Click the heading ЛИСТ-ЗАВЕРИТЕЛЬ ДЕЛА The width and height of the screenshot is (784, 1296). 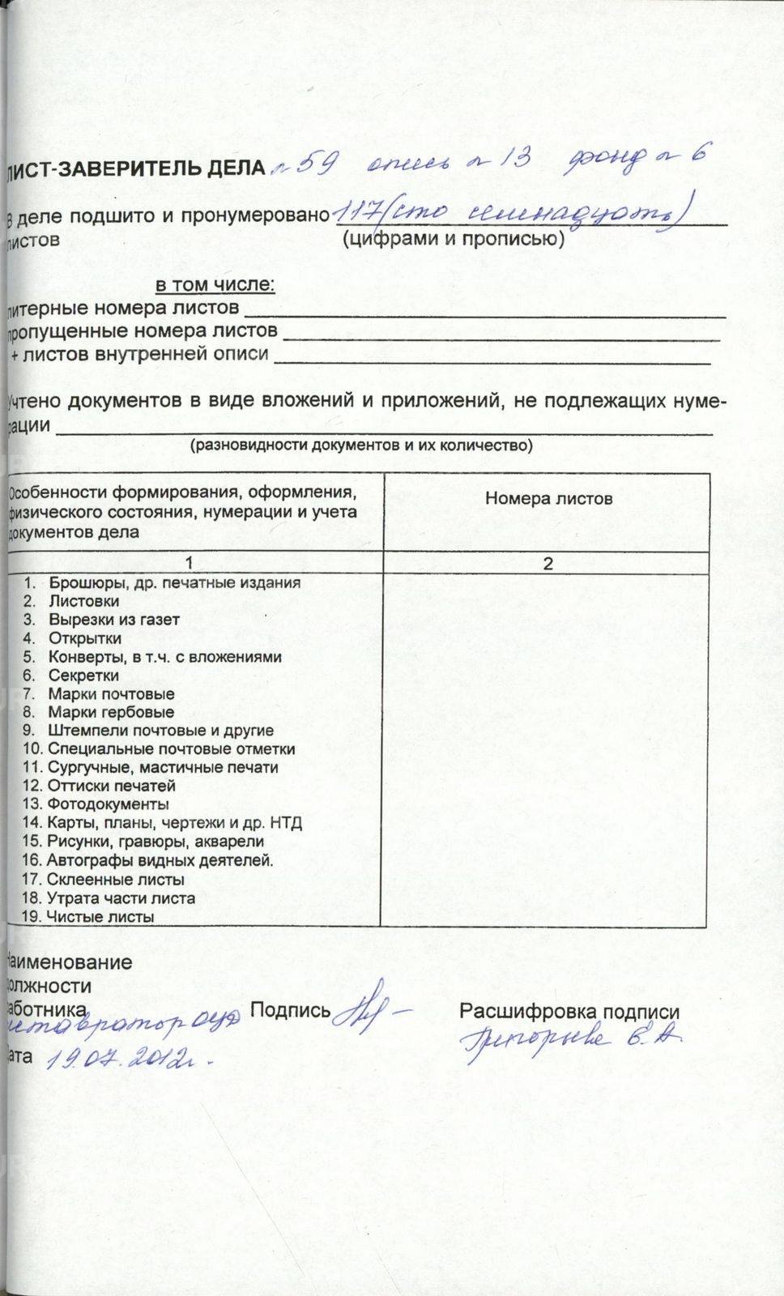[136, 168]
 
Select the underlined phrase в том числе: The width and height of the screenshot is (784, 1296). [215, 285]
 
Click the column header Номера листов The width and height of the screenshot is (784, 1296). [548, 498]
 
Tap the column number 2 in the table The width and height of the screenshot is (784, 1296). [548, 564]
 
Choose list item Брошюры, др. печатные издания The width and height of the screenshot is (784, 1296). [174, 582]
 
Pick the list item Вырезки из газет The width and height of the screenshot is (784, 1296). [113, 620]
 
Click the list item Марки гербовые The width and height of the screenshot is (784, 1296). [111, 712]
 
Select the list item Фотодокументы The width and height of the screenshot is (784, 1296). [108, 804]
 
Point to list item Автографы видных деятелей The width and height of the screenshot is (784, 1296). [160, 860]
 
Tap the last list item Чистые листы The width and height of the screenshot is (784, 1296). [100, 916]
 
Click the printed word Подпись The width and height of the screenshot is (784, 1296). [290, 1010]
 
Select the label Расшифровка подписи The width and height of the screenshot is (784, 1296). [569, 1011]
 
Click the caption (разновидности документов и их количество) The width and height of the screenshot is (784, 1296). [361, 446]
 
